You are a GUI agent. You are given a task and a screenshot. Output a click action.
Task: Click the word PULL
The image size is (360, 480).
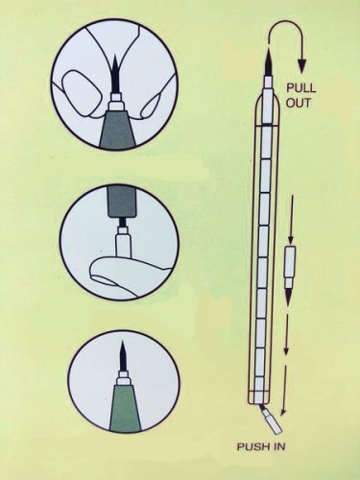(x=300, y=88)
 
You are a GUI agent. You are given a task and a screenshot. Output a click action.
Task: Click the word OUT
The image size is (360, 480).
(x=298, y=103)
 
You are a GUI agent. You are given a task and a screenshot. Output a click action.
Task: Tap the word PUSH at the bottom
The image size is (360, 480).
(x=251, y=446)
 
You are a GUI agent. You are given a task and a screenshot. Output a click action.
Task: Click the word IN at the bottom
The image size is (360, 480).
(x=276, y=446)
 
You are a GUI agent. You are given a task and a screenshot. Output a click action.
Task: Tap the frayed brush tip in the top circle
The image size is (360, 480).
(x=114, y=74)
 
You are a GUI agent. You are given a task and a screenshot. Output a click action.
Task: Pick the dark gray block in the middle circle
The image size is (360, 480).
(x=121, y=202)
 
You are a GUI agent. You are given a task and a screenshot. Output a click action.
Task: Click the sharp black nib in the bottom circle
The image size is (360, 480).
(x=122, y=356)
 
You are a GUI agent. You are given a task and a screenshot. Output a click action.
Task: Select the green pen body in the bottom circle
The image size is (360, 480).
(x=123, y=408)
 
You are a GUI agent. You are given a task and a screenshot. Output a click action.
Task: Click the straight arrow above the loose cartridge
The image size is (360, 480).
(x=292, y=220)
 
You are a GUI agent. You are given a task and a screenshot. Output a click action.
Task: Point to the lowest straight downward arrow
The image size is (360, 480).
(x=283, y=391)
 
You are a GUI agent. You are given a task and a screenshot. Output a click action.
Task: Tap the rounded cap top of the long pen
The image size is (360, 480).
(x=268, y=103)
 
